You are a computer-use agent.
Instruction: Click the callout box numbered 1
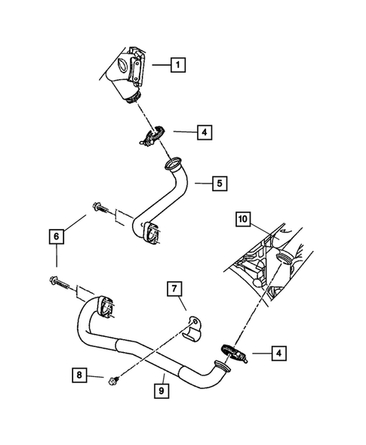pyautogui.click(x=177, y=65)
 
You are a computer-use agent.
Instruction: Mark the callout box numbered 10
pyautogui.click(x=243, y=220)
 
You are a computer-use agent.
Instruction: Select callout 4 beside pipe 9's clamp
pyautogui.click(x=278, y=351)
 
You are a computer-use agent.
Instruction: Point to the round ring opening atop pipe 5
pyautogui.click(x=172, y=162)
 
